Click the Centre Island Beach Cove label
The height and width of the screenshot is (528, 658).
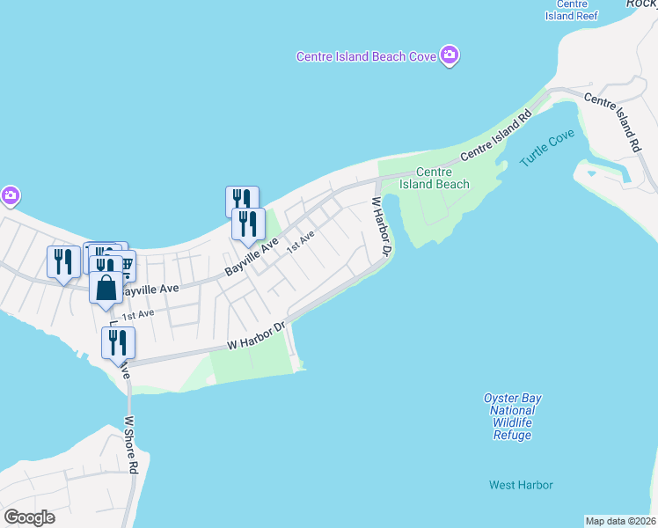366,56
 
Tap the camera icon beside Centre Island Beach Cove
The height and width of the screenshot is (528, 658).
450,56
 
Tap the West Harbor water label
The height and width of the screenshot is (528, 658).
521,485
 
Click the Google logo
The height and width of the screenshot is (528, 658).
30,517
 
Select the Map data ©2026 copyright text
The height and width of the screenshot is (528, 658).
620,520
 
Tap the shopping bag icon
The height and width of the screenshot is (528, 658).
106,288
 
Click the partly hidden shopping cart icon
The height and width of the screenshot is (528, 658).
125,261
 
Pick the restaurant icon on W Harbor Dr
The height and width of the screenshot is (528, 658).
118,341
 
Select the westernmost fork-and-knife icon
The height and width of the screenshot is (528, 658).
63,261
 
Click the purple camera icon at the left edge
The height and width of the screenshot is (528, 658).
10,195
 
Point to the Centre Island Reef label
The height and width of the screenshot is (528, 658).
571,11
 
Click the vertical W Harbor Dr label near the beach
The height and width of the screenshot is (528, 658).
380,227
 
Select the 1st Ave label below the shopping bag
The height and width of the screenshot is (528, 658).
138,315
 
